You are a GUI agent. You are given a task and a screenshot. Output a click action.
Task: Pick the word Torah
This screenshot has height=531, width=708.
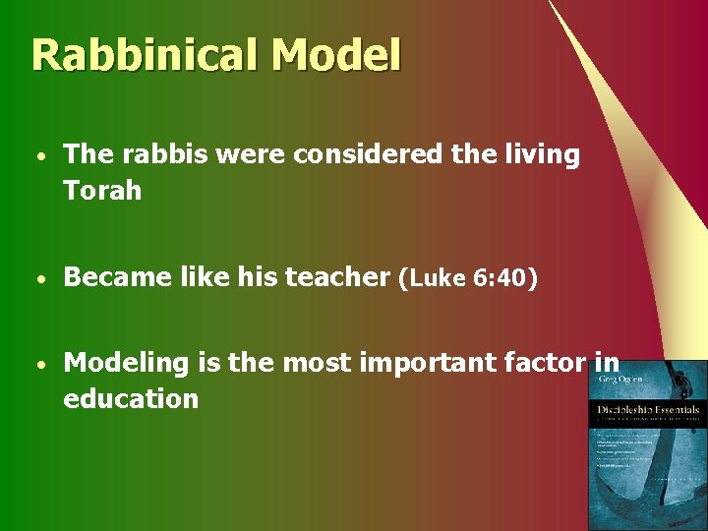click(x=102, y=190)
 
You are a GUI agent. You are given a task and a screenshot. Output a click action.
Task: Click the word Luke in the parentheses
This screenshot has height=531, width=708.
click(x=438, y=279)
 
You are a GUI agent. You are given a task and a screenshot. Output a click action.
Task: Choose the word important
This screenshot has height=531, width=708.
click(x=410, y=363)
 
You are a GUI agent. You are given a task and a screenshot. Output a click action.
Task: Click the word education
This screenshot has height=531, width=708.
click(x=131, y=398)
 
